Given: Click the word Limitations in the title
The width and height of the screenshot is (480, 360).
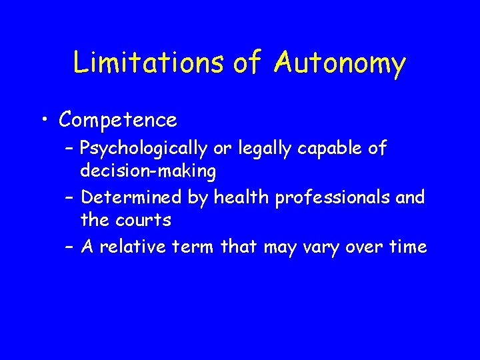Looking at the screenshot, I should [x=148, y=63].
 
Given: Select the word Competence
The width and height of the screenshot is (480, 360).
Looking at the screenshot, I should [x=118, y=120].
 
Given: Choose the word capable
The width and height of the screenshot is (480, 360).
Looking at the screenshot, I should [x=327, y=149].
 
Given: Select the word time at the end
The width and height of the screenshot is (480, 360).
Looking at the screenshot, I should [x=405, y=247].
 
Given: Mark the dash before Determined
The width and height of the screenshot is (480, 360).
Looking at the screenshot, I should [x=70, y=198].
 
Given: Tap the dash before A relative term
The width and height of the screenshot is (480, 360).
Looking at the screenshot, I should [x=70, y=247].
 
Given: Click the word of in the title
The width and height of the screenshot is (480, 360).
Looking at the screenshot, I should [x=248, y=63].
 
